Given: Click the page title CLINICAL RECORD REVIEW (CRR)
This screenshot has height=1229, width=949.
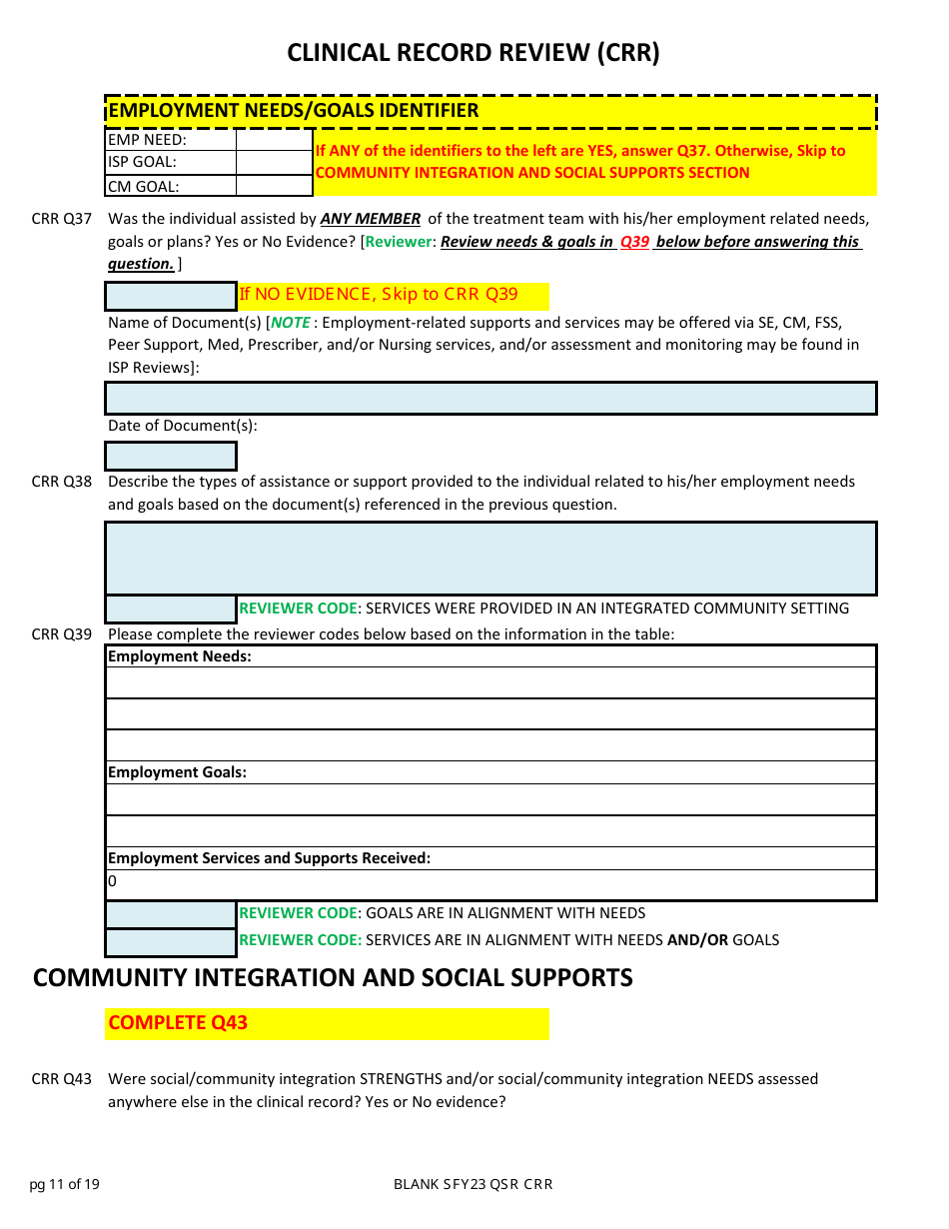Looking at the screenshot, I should point(474,53).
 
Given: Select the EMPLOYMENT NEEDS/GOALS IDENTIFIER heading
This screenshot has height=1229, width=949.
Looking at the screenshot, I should point(293,111).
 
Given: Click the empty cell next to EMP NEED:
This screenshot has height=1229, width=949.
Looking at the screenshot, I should point(274,140).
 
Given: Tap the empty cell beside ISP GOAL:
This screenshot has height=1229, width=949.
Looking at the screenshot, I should point(274,162).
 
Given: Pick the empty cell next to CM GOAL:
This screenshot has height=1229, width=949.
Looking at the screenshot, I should point(274,186).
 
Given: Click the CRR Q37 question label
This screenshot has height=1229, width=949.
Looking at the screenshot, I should point(62,219).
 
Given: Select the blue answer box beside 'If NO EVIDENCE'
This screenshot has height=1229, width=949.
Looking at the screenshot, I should point(171,296).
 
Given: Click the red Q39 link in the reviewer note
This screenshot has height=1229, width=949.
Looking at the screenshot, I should point(634,242).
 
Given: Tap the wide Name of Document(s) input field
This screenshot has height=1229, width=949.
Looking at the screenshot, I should point(490,399).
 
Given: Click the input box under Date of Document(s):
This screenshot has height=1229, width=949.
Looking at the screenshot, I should point(171,456).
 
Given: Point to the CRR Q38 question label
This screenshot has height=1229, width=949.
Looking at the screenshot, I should point(62,482).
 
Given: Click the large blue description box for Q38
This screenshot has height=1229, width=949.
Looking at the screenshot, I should point(490,559).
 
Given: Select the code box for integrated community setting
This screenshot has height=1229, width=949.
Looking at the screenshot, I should point(171,609).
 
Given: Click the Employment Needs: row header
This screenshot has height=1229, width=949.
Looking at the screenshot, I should point(180,656).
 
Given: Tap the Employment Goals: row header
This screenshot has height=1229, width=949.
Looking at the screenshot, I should point(177,772).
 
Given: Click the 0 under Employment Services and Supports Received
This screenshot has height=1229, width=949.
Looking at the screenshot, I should point(113,882).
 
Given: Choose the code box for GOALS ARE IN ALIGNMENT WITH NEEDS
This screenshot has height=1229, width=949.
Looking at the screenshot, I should point(171,913).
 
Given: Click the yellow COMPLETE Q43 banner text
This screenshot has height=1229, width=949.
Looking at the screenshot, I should point(178,1023).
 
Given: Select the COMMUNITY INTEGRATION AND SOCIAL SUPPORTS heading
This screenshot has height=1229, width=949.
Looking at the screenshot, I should point(333,977).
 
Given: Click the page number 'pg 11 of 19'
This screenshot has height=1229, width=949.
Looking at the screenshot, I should point(64,1185).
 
